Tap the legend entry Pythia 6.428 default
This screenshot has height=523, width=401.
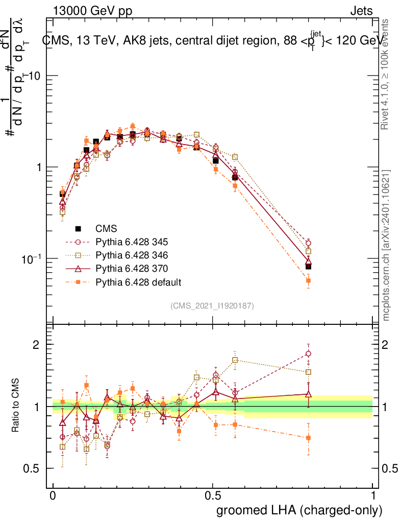(138, 281)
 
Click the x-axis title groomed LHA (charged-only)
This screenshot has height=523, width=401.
(299, 510)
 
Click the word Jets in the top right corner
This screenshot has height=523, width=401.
(361, 11)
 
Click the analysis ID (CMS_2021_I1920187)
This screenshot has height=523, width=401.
(212, 305)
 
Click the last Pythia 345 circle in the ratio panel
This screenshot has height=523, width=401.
(308, 353)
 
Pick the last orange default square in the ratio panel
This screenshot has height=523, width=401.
(308, 438)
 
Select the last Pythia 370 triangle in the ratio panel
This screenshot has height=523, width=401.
(308, 394)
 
